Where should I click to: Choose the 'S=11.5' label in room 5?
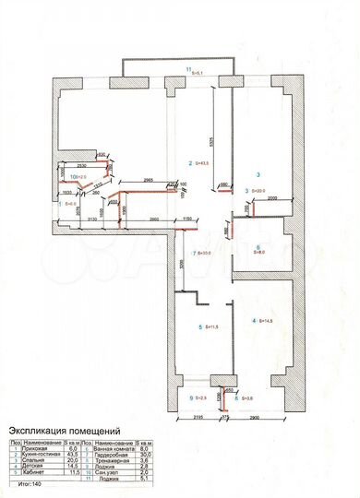click(x=209, y=327)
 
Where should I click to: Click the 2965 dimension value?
click(x=148, y=179)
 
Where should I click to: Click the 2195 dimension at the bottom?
click(x=190, y=417)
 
